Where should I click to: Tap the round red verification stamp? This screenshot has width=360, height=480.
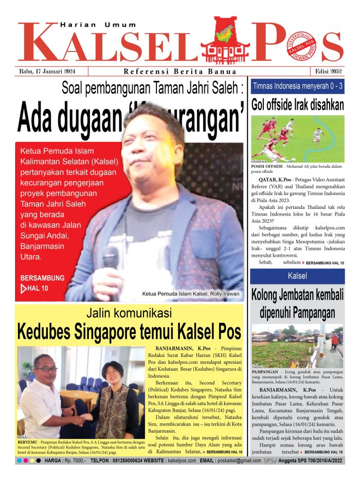click(x=301, y=47)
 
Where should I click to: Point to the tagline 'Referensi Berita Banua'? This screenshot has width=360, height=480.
click(x=180, y=72)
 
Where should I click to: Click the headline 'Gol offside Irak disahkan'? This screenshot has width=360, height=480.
click(x=297, y=105)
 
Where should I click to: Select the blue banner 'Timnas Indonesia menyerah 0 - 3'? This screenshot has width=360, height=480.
click(x=297, y=86)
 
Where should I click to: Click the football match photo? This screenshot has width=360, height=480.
click(x=297, y=138)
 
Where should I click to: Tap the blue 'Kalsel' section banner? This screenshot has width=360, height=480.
click(x=297, y=276)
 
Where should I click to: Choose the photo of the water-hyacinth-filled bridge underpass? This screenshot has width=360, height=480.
click(x=297, y=345)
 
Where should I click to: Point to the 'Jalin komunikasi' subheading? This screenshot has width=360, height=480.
click(x=129, y=313)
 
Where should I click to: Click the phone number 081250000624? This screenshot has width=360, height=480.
click(x=128, y=460)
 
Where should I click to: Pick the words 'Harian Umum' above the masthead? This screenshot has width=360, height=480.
click(x=98, y=24)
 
